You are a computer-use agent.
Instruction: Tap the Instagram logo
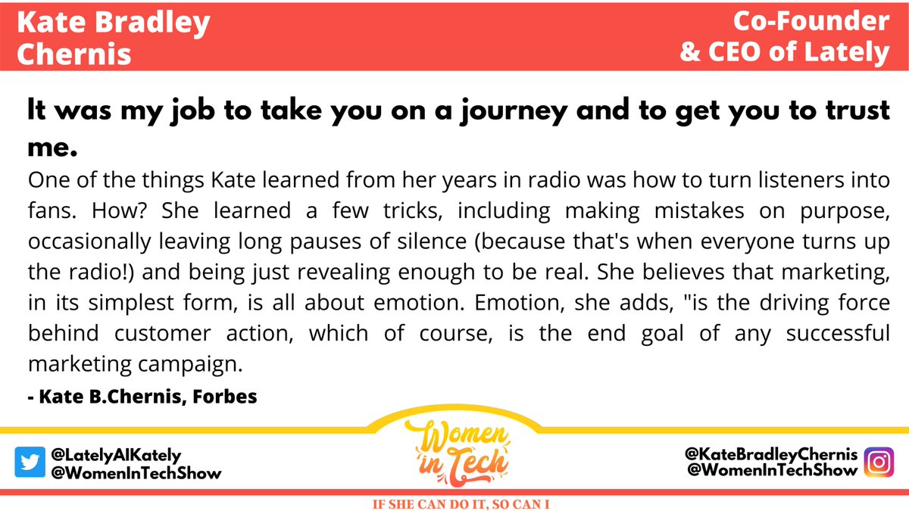[879, 463]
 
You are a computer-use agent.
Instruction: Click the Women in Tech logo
[454, 452]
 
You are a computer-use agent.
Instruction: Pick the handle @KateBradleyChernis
[770, 455]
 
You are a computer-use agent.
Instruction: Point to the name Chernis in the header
[73, 54]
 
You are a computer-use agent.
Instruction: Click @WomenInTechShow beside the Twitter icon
[136, 473]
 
